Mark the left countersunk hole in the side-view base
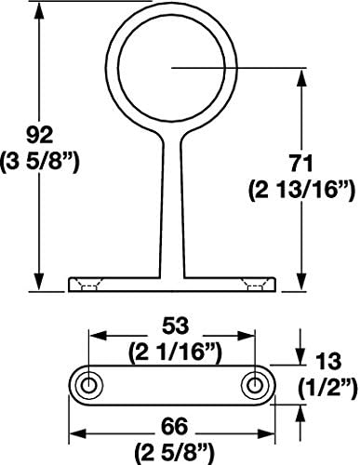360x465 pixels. [x=91, y=283]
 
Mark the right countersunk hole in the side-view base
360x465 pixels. [x=251, y=283]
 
